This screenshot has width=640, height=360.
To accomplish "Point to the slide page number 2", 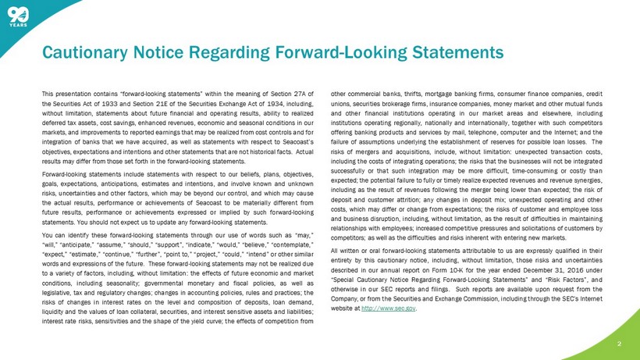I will click(x=619, y=342).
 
